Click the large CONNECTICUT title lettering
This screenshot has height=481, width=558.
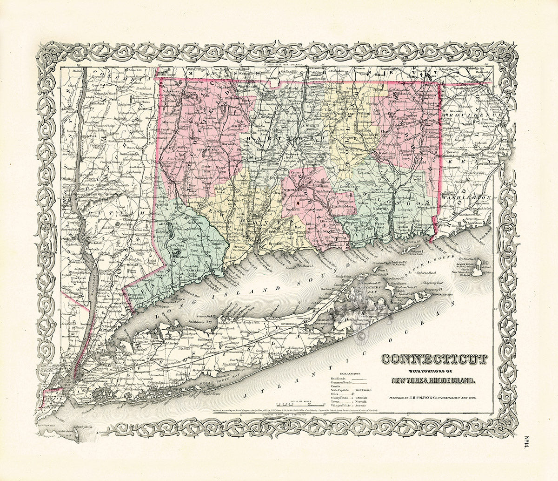[x=434, y=359]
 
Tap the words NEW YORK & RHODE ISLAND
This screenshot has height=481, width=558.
[x=433, y=380]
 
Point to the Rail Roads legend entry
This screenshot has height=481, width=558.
[x=339, y=379]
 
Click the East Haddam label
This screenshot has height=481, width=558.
[x=343, y=206]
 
